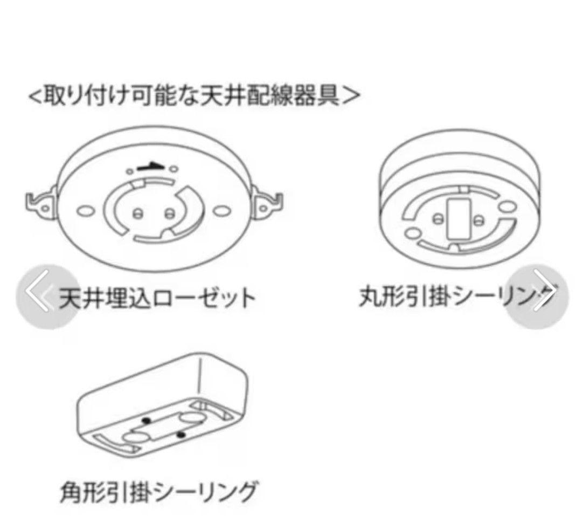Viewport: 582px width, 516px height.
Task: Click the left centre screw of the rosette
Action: [138, 212]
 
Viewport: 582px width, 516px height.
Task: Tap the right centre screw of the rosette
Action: [169, 212]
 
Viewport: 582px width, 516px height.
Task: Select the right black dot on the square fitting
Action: [182, 434]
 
